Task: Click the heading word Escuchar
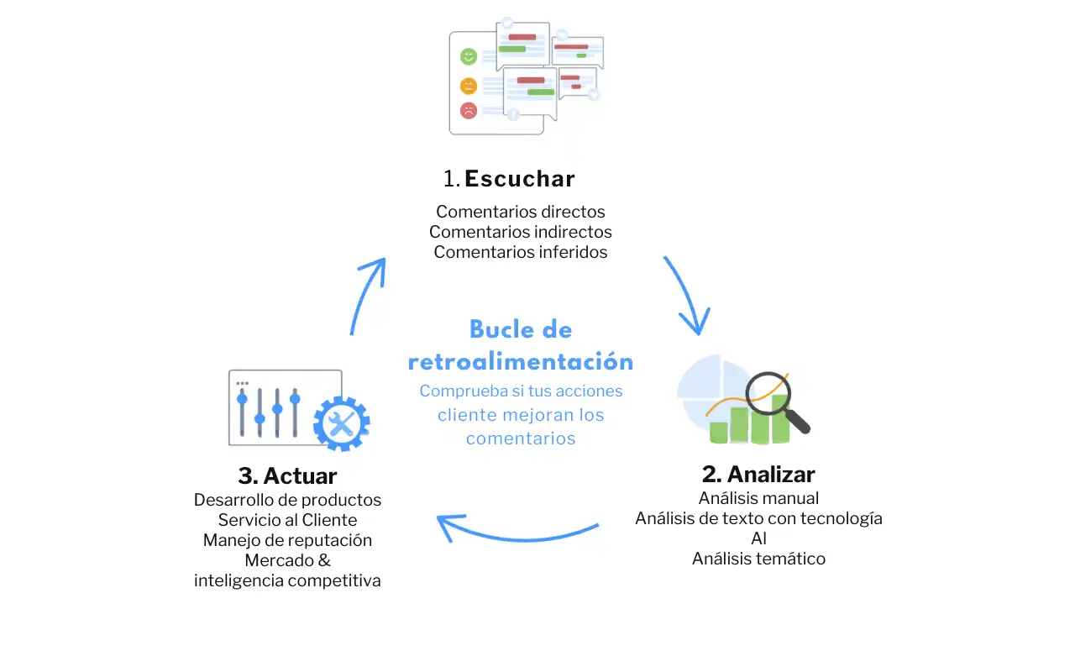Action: pyautogui.click(x=519, y=179)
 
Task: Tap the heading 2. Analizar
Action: pyautogui.click(x=758, y=473)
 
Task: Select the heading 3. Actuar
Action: pyautogui.click(x=287, y=475)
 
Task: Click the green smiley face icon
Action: pyautogui.click(x=469, y=57)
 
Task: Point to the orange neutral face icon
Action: pyautogui.click(x=469, y=85)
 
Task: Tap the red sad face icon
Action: pyautogui.click(x=469, y=110)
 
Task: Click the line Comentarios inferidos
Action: pyautogui.click(x=521, y=252)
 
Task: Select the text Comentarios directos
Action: pyautogui.click(x=521, y=212)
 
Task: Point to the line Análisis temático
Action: pyautogui.click(x=758, y=559)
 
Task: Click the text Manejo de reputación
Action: pyautogui.click(x=287, y=540)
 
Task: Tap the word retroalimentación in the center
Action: pyautogui.click(x=521, y=362)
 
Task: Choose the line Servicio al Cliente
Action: pyautogui.click(x=287, y=520)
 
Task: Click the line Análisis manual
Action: pyautogui.click(x=758, y=498)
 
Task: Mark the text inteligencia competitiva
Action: pyautogui.click(x=287, y=580)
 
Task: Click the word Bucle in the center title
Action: pyautogui.click(x=497, y=329)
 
